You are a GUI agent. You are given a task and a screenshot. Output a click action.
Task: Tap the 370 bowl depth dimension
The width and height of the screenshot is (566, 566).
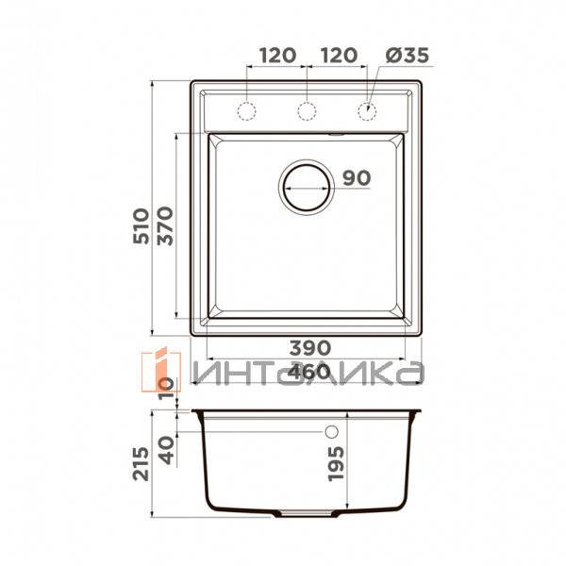[166, 226]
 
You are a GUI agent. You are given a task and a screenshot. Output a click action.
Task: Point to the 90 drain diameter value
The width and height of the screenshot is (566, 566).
[357, 177]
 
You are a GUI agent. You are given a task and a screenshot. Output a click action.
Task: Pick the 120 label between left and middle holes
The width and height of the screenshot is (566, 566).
[276, 55]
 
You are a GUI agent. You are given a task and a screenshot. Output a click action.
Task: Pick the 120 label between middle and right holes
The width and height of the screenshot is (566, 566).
[337, 55]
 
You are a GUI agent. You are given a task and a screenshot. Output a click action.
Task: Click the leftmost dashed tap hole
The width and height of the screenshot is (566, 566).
[247, 112]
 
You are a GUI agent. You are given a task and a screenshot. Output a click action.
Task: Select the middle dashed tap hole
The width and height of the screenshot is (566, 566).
[307, 112]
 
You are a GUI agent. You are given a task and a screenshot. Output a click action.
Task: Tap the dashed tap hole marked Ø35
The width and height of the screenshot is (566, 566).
[366, 112]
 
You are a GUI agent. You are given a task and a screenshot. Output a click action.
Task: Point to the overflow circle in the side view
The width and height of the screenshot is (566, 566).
[331, 432]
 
